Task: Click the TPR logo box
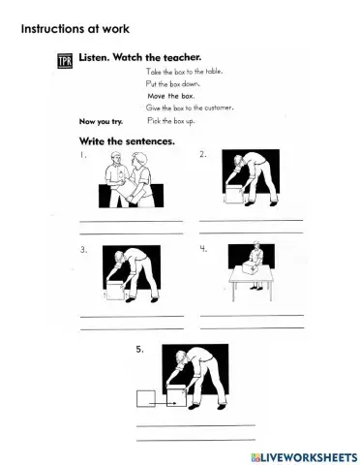click(65, 62)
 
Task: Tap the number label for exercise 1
click(83, 155)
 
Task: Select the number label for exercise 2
click(203, 155)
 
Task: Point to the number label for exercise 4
click(203, 249)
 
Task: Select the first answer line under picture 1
click(131, 222)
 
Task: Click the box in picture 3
click(116, 289)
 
